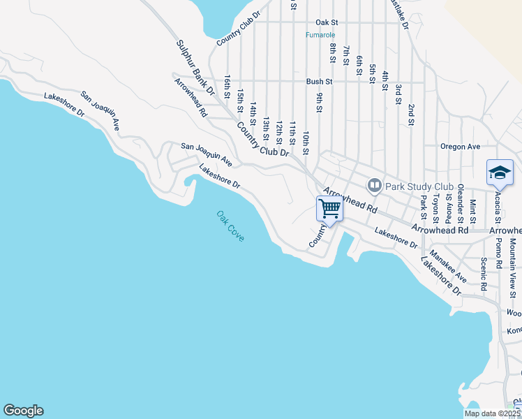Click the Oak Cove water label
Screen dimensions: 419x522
(x=230, y=226)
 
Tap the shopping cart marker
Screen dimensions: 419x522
(x=329, y=208)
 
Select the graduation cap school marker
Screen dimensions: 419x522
(x=500, y=172)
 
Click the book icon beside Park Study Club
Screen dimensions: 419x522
(x=375, y=185)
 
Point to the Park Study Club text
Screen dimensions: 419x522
(x=410, y=186)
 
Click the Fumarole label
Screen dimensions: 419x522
(x=321, y=35)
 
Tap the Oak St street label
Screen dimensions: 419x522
(x=326, y=22)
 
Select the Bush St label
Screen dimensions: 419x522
(x=318, y=82)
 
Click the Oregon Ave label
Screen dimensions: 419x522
(x=461, y=147)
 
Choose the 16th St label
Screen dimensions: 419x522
(x=228, y=87)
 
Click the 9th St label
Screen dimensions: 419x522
(x=319, y=102)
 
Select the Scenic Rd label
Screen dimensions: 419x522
(x=483, y=274)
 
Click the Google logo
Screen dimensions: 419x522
(x=23, y=411)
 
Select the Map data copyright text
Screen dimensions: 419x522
(x=493, y=413)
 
